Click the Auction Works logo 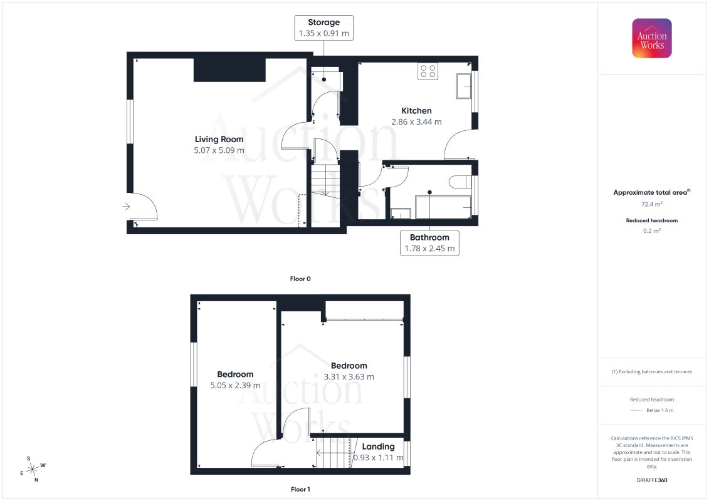[651, 38]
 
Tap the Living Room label [219, 139]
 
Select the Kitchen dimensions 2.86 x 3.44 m [416, 122]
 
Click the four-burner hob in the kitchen [428, 71]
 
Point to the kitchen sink [463, 86]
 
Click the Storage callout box [323, 28]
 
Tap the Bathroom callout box [429, 243]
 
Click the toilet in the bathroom [460, 182]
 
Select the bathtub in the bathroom [443, 207]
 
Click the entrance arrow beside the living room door [126, 207]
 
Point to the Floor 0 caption [300, 279]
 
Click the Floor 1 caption [300, 489]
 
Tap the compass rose [33, 470]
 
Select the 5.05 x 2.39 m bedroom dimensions [235, 385]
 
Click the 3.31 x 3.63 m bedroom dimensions [349, 377]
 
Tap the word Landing [378, 447]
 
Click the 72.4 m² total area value [651, 204]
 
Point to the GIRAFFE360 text [651, 480]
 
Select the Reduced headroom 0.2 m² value [651, 231]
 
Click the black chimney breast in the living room [229, 70]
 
